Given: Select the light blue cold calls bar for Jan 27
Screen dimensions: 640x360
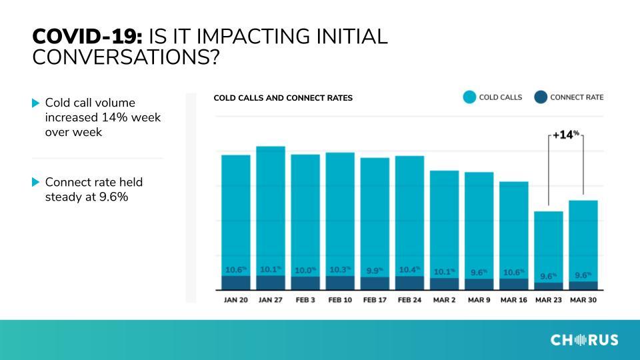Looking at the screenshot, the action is (271, 211).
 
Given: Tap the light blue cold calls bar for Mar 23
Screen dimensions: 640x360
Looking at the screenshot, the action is (549, 247).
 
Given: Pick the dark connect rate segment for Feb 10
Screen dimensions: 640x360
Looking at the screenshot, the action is (340, 283).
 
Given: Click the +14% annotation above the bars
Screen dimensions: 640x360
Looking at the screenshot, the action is (566, 134).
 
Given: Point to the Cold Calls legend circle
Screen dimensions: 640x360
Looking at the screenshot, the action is (469, 97).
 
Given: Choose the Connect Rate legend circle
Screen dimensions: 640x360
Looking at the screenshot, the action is (541, 97).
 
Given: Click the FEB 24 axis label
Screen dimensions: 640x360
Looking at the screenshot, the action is (409, 300).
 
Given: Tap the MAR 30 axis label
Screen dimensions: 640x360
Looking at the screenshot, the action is (583, 300).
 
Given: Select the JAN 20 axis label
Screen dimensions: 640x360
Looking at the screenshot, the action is (236, 300).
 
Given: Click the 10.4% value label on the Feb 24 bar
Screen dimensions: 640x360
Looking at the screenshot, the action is (409, 270).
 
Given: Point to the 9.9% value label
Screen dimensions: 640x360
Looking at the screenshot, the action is (375, 271).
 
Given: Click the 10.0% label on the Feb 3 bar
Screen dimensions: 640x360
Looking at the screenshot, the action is (305, 270).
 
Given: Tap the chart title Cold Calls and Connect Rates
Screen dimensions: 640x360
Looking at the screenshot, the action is (283, 98).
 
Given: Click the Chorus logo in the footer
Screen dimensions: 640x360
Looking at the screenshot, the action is (585, 339).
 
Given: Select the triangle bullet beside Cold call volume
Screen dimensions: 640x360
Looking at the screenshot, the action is (35, 103).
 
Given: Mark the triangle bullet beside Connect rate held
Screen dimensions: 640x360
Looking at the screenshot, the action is (35, 182).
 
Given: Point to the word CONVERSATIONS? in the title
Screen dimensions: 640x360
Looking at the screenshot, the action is (126, 57).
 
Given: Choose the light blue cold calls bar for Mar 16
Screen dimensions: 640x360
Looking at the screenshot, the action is (514, 230).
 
